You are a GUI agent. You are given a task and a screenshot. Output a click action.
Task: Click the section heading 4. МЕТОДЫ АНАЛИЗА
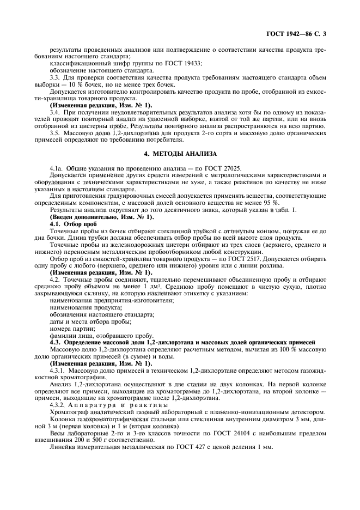(x=180, y=154)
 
